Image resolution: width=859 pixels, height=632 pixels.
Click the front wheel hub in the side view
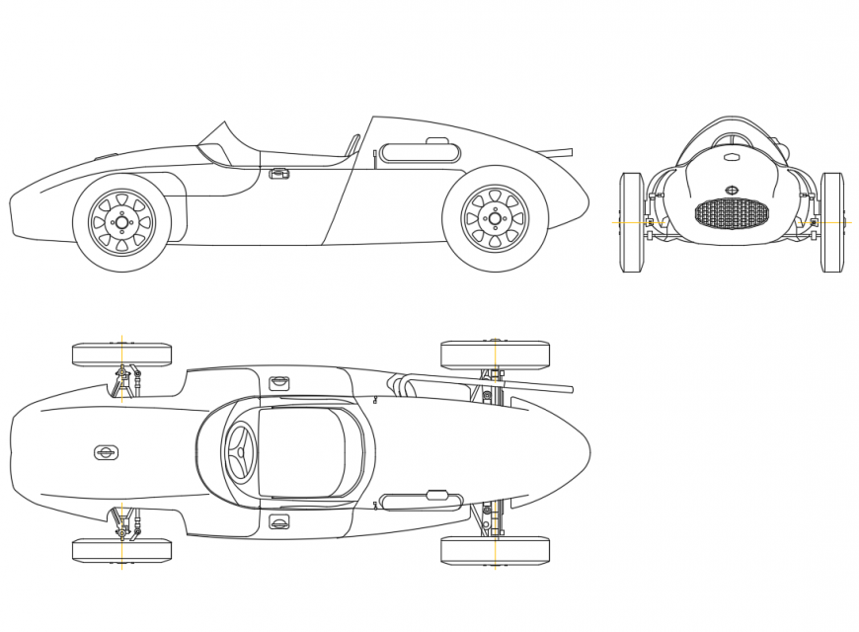[x=121, y=222]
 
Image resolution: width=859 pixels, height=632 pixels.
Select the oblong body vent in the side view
[x=420, y=153]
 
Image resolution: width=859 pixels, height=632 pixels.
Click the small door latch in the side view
[x=279, y=174]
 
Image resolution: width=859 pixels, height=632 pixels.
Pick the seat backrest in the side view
[x=351, y=145]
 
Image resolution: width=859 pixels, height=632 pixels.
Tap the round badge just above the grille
[x=732, y=190]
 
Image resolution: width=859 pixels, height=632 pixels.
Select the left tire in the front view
[x=631, y=222]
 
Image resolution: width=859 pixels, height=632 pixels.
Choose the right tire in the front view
[x=832, y=222]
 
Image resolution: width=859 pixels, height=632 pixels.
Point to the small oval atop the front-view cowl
[x=732, y=157]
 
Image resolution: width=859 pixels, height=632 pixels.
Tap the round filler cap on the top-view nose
[x=106, y=452]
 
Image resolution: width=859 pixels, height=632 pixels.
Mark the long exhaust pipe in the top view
[x=494, y=382]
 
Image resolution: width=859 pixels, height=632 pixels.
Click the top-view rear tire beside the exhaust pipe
[x=494, y=355]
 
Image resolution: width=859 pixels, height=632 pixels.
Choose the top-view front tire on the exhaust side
[x=121, y=354]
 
